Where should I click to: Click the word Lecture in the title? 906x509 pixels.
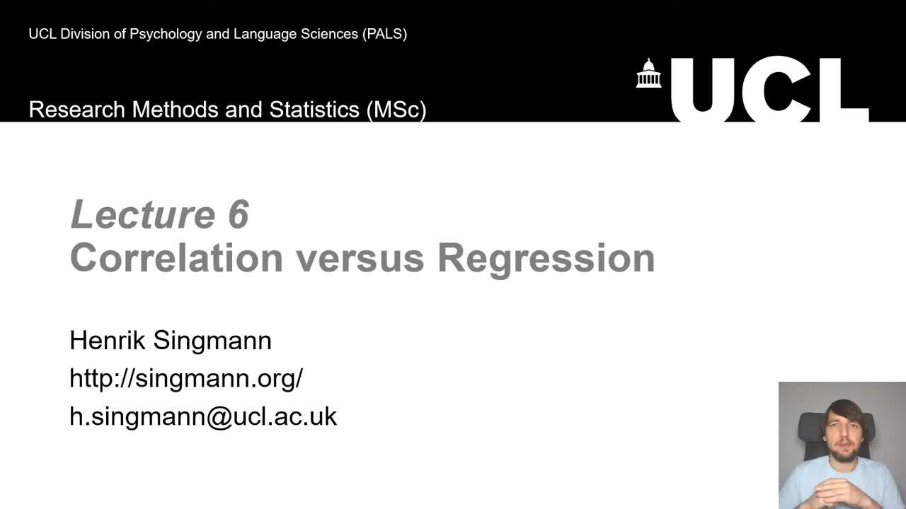pos(143,214)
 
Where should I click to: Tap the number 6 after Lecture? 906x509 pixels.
pos(239,214)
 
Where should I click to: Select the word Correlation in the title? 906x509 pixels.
pos(176,257)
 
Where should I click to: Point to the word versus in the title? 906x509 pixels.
pos(360,257)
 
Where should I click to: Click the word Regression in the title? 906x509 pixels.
pos(546,259)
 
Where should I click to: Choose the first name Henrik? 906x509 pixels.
pos(108,341)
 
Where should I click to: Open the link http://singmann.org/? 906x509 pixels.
pos(186,379)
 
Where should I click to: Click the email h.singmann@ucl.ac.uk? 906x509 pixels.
pos(203,416)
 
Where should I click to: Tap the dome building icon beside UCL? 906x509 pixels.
pos(648,74)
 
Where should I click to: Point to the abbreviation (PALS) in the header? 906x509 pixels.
pos(384,34)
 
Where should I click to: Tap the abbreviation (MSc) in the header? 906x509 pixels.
pos(396,110)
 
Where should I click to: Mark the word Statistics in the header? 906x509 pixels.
pos(314,110)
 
